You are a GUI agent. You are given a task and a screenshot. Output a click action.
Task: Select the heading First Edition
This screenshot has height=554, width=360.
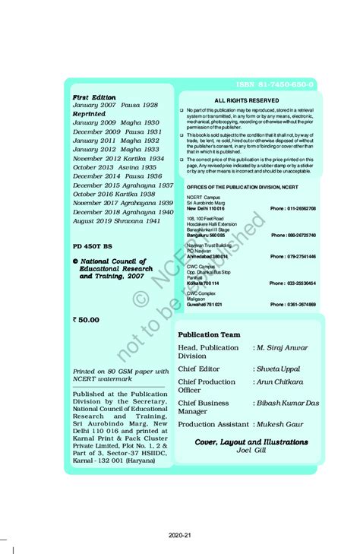[94, 97]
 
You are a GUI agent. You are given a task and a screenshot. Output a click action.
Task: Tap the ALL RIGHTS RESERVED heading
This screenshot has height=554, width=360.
[246, 100]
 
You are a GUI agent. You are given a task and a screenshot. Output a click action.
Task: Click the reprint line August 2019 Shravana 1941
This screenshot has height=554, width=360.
[116, 220]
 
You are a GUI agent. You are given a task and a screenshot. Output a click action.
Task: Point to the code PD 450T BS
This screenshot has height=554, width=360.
[92, 247]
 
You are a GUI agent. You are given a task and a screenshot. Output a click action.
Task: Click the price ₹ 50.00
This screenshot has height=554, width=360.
[86, 320]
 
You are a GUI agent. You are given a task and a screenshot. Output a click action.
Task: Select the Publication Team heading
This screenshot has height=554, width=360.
[209, 334]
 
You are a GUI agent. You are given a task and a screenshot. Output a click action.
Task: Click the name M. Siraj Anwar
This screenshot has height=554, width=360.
[280, 347]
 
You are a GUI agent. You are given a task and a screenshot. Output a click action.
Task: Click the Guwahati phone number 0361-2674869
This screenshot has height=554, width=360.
[293, 304]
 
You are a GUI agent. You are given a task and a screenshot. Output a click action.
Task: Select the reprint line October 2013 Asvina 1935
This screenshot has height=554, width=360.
[115, 167]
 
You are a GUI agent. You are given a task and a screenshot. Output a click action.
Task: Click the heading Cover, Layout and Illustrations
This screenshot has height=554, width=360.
[248, 441]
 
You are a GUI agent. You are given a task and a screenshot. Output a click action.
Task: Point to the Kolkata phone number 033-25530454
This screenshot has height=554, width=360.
[293, 283]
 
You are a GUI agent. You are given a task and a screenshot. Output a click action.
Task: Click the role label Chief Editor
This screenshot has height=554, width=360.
[200, 369]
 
